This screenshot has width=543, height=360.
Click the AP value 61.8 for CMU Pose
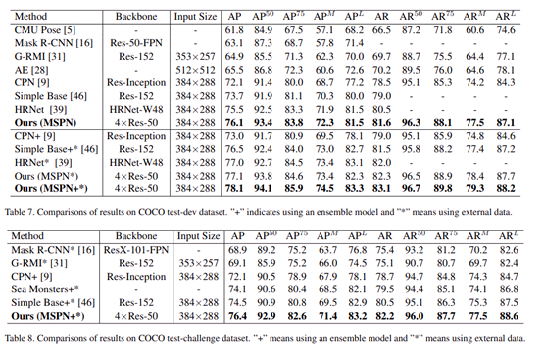pyautogui.click(x=235, y=31)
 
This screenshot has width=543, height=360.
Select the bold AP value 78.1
pyautogui.click(x=234, y=186)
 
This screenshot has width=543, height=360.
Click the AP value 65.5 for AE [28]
pyautogui.click(x=235, y=72)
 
